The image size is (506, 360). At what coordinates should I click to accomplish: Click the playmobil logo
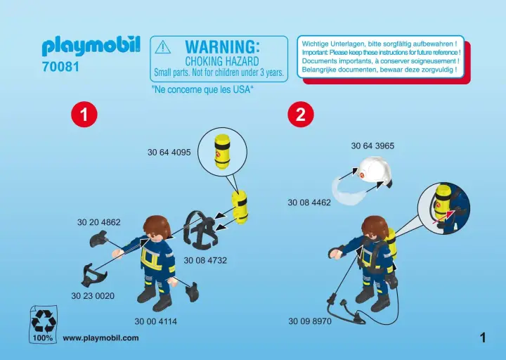click(91, 46)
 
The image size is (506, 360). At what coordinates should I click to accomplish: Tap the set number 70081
click(60, 67)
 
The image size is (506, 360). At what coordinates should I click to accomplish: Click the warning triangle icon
click(163, 47)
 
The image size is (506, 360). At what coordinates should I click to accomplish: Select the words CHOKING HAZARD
click(222, 61)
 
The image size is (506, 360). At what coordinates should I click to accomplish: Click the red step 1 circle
click(84, 114)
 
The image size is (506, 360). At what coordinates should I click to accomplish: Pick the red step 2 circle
click(301, 114)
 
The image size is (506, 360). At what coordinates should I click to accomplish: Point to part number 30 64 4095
click(169, 152)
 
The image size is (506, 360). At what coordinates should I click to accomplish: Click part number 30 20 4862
click(99, 222)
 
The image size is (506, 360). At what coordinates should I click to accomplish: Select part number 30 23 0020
click(93, 296)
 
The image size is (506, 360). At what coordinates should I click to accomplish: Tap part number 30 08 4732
click(205, 260)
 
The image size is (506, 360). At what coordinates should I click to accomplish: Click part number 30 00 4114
click(156, 321)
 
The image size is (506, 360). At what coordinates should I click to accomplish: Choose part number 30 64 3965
click(372, 146)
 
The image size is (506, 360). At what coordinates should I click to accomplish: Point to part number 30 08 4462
click(309, 202)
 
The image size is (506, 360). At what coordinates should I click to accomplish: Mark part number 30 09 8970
click(310, 321)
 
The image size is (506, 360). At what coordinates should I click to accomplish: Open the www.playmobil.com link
click(100, 338)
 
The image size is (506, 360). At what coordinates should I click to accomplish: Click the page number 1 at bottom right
click(483, 338)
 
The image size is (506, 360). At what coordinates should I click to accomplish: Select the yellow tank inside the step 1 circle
click(222, 150)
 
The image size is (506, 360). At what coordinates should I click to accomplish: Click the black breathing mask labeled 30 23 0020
click(93, 274)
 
